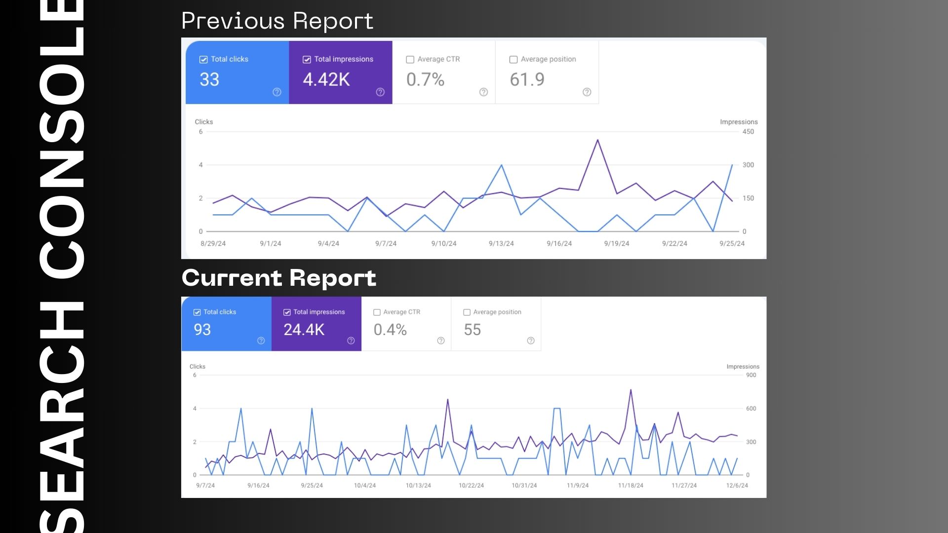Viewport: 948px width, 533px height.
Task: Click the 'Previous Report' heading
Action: (277, 21)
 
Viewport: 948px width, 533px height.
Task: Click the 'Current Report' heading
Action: (279, 278)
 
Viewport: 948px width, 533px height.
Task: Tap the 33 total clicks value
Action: (209, 79)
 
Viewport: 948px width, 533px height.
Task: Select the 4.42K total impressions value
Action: (326, 79)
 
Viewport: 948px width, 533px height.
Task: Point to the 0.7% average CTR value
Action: (425, 79)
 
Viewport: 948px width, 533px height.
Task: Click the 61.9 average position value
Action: (527, 79)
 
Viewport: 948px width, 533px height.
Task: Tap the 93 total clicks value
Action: (202, 330)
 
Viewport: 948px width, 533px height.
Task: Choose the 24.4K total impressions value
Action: (304, 330)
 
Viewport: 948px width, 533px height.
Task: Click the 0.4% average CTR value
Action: (390, 330)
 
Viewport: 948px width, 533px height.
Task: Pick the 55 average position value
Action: (472, 330)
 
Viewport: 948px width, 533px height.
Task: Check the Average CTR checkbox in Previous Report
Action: (410, 60)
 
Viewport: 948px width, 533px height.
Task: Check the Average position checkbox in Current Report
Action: (467, 312)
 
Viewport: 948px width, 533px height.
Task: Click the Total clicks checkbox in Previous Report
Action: (203, 60)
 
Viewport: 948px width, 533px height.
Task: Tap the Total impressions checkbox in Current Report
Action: (287, 312)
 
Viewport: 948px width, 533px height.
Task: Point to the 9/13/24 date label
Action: (501, 244)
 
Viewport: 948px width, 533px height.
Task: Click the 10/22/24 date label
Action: (471, 486)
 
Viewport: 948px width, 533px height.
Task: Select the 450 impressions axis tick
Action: (748, 132)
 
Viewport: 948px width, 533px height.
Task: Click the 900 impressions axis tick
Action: (751, 375)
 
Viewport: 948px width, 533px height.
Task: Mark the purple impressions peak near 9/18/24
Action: (597, 140)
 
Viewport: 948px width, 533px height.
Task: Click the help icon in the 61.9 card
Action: (587, 92)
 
